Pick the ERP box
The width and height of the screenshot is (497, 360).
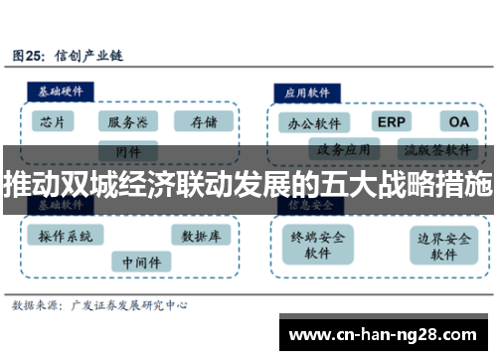click(x=391, y=121)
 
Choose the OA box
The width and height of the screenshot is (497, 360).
click(x=458, y=121)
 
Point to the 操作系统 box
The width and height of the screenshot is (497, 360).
click(x=66, y=237)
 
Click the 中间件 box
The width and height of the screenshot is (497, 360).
click(x=140, y=262)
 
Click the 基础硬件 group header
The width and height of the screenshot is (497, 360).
click(x=61, y=90)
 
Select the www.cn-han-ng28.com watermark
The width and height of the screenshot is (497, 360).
click(x=384, y=333)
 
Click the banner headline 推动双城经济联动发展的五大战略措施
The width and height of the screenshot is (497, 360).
click(x=248, y=185)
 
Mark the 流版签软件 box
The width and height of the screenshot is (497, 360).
click(x=438, y=151)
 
